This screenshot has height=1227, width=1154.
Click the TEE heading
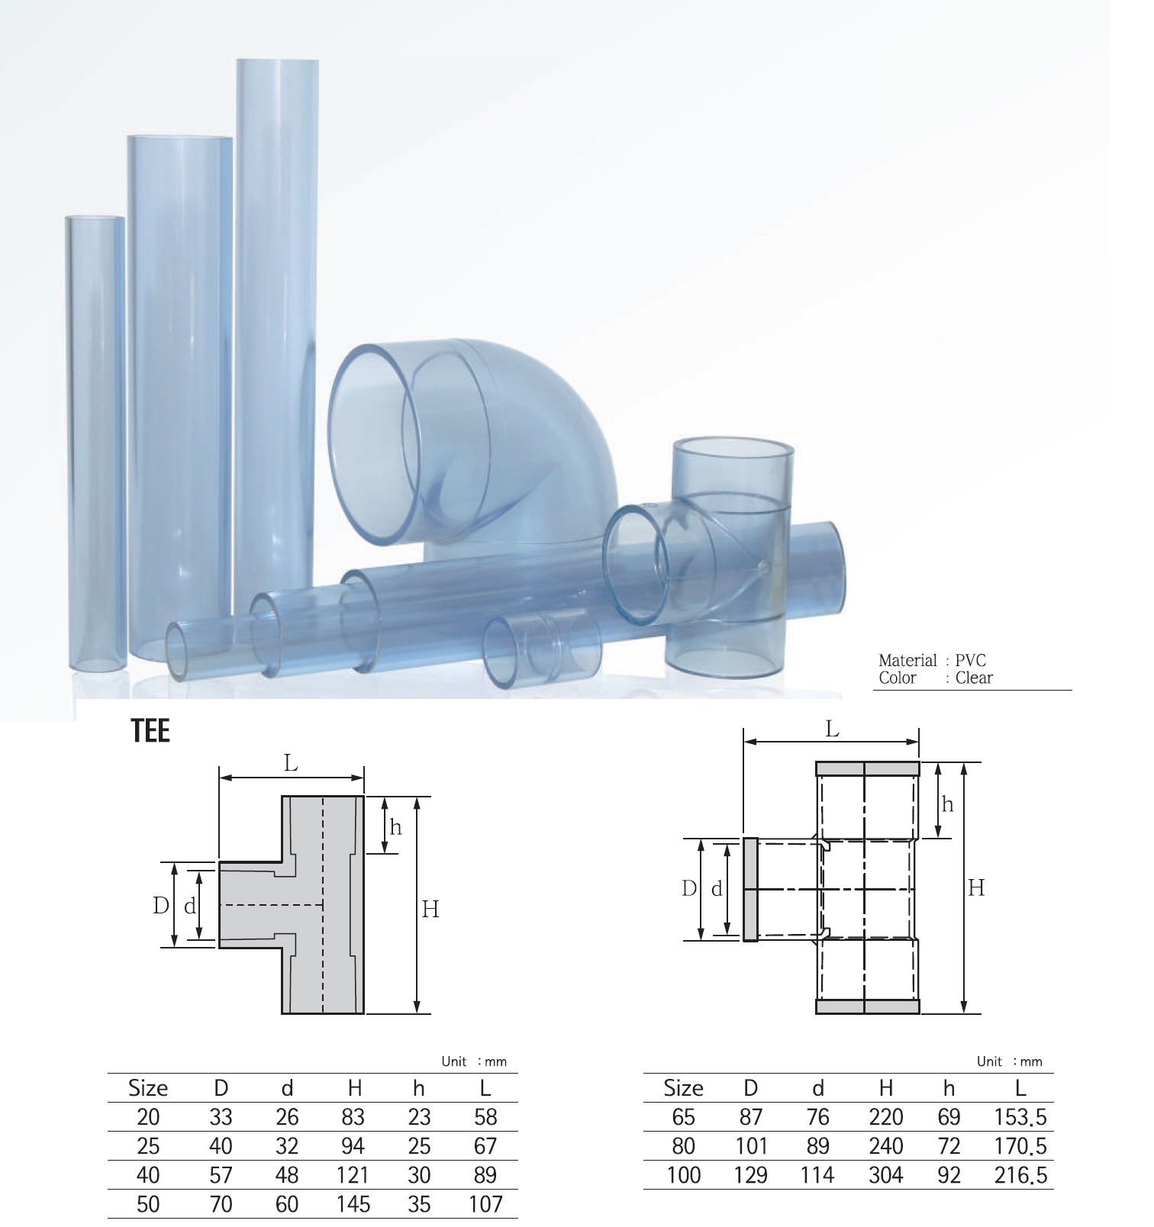tap(150, 731)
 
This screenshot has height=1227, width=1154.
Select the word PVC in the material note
tap(971, 661)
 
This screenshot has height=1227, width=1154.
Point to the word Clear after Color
tap(974, 678)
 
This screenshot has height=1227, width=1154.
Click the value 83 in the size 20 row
tap(353, 1117)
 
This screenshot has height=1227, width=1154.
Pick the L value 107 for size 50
tap(485, 1204)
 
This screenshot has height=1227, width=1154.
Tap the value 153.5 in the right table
tap(1020, 1118)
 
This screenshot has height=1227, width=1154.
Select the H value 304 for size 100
tap(885, 1175)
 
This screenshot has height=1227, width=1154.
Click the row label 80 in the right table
tap(683, 1146)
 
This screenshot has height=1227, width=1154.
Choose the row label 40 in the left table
tap(148, 1175)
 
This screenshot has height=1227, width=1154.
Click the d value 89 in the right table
tap(817, 1146)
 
